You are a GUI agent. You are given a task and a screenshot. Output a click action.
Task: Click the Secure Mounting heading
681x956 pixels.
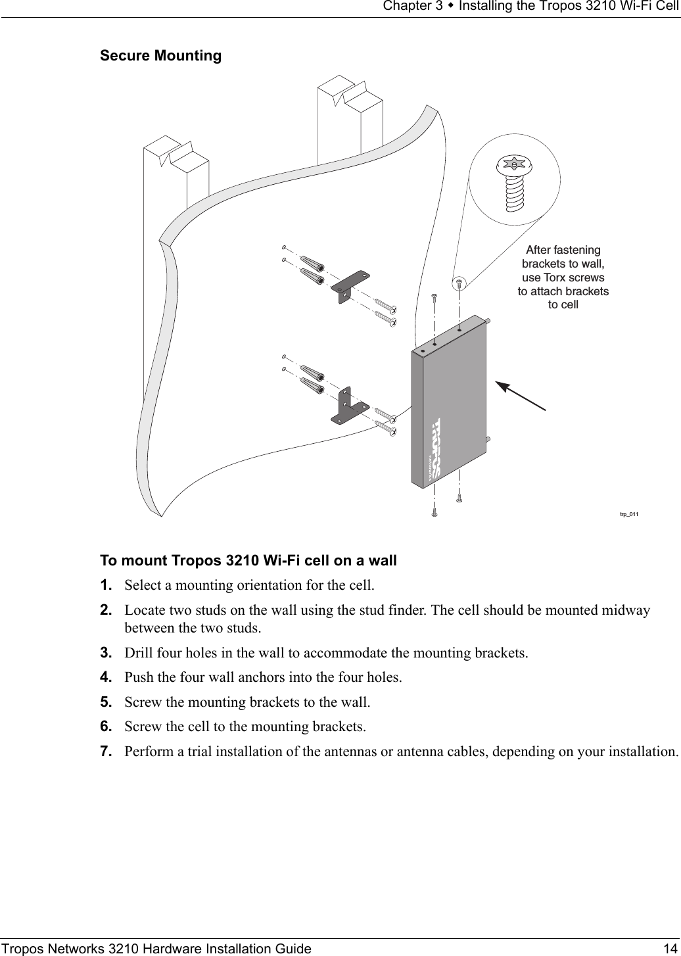click(x=160, y=56)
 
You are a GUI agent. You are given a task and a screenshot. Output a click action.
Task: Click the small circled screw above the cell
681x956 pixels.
click(x=459, y=283)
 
